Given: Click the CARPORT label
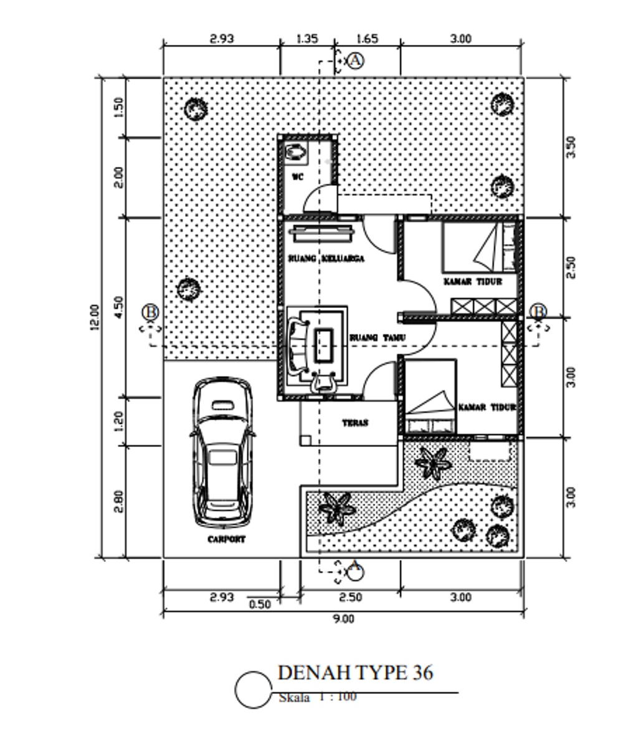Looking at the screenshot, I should pyautogui.click(x=226, y=539).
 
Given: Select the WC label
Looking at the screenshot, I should pyautogui.click(x=297, y=177).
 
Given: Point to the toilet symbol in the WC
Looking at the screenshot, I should pyautogui.click(x=295, y=152).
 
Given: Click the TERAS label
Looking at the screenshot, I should pyautogui.click(x=355, y=423).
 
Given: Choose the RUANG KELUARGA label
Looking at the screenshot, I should pyautogui.click(x=326, y=258).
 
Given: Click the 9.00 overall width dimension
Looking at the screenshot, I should pyautogui.click(x=343, y=619).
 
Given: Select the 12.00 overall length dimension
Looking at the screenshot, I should pyautogui.click(x=95, y=317).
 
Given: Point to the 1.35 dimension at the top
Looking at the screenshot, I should pyautogui.click(x=307, y=39).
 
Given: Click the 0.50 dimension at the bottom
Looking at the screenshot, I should pyautogui.click(x=260, y=604).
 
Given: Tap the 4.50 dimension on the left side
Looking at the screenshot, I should pyautogui.click(x=120, y=307).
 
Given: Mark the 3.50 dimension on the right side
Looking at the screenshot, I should pyautogui.click(x=572, y=147).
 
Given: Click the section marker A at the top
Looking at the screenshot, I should pyautogui.click(x=355, y=60).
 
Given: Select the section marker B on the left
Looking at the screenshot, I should pyautogui.click(x=150, y=312).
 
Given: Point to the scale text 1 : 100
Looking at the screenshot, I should pyautogui.click(x=338, y=696).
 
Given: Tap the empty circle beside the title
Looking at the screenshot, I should pyautogui.click(x=252, y=690).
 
